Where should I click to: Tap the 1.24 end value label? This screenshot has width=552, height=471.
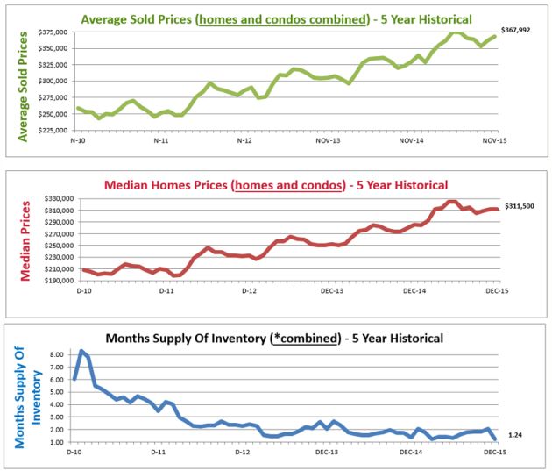tap(515, 435)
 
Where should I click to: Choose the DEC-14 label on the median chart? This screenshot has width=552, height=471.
tap(412, 289)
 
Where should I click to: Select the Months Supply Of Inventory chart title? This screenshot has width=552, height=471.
tap(274, 338)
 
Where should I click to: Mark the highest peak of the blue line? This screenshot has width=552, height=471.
tap(82, 351)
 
